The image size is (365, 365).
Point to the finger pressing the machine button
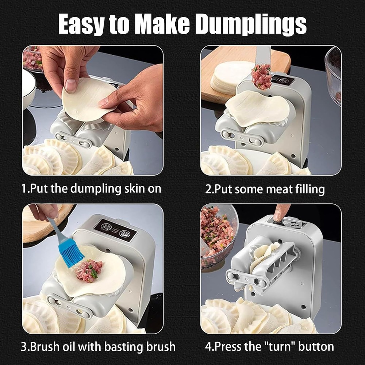281,212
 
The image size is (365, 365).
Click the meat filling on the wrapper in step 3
87,270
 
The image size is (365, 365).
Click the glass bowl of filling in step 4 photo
218,234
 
